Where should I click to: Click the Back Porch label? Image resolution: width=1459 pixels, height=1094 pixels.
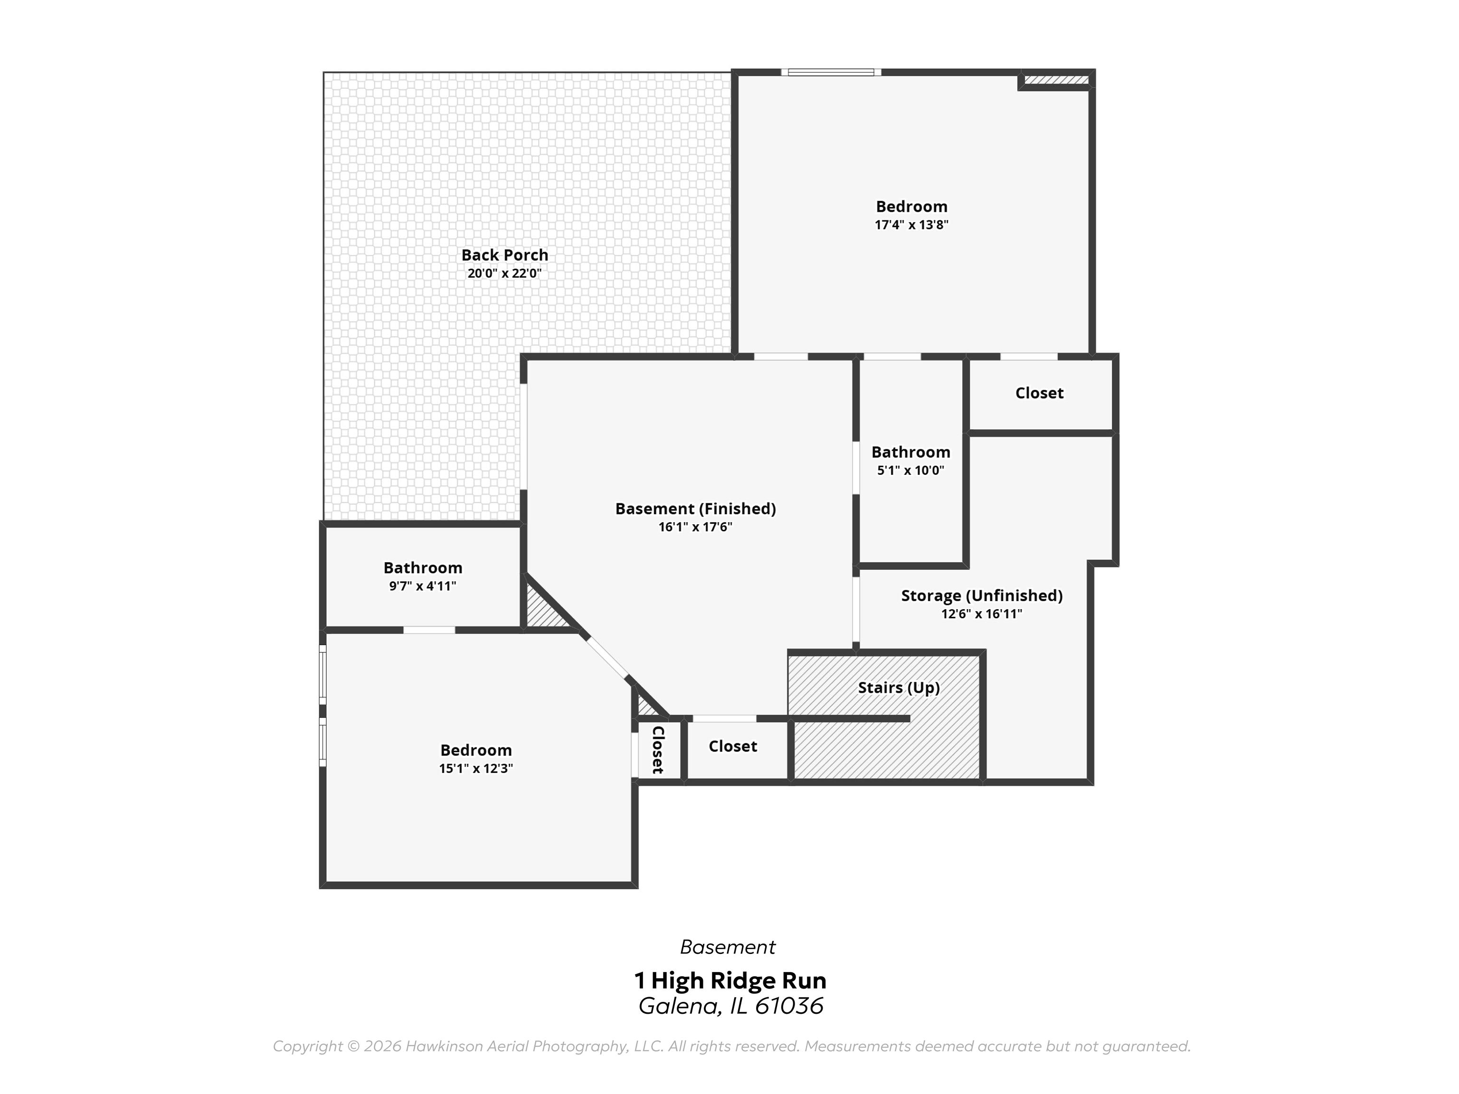coord(504,255)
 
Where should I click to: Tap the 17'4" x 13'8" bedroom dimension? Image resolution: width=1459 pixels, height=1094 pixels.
coord(911,224)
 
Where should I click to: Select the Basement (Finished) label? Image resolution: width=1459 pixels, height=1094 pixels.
coord(695,509)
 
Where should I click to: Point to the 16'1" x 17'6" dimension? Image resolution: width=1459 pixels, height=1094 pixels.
coord(695,527)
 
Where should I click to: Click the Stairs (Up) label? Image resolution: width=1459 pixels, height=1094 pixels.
coord(899,688)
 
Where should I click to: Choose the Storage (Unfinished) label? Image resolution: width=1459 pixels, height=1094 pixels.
coord(982,595)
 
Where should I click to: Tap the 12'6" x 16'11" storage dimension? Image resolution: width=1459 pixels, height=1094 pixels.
coord(982,614)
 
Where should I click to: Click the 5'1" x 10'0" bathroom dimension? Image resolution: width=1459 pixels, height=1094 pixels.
coord(910,470)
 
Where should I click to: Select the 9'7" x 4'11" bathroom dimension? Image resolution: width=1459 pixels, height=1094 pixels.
coord(422,586)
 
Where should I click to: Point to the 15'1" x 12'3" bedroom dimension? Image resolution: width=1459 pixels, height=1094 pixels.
coord(475,768)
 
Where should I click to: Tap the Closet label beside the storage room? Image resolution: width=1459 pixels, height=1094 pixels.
coord(1039,393)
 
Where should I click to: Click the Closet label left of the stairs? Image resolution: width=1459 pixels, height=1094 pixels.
coord(732,746)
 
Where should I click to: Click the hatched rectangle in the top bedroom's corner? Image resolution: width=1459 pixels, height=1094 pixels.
coord(1055,80)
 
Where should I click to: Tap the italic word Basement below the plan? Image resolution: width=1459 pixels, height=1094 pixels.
coord(728,947)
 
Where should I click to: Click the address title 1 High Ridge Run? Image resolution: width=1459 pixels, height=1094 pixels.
coord(729,981)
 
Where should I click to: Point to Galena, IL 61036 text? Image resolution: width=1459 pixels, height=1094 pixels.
coord(730,1006)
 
